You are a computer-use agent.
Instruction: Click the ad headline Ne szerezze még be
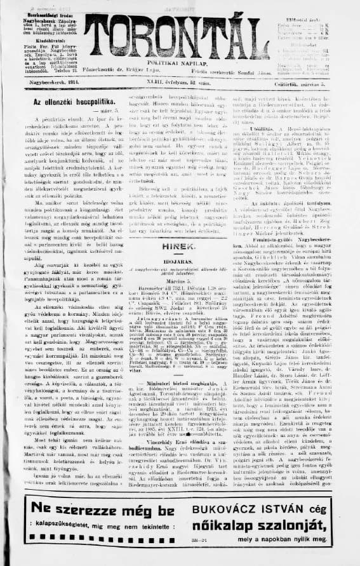coord(96,510)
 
